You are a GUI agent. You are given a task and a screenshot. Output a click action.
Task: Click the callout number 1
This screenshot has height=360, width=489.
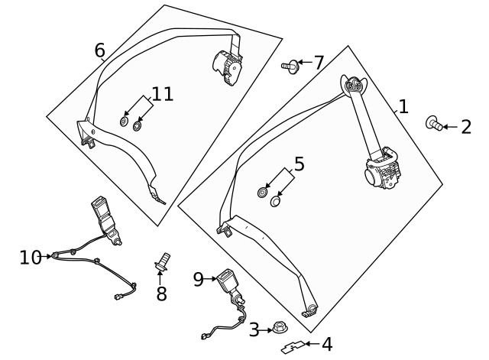pyautogui.click(x=403, y=107)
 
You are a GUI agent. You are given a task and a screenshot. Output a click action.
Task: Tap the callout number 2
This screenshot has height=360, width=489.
pyautogui.click(x=466, y=127)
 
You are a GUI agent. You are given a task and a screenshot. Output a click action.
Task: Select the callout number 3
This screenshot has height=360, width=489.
pyautogui.click(x=254, y=330)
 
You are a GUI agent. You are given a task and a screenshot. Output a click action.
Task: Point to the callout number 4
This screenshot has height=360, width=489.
pyautogui.click(x=327, y=345)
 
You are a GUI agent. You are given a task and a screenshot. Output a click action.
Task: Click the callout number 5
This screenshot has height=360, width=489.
pyautogui.click(x=299, y=164)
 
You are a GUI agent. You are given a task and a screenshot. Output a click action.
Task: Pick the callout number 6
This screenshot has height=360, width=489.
pyautogui.click(x=100, y=50)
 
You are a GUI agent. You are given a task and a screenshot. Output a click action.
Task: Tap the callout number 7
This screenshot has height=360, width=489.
pyautogui.click(x=319, y=62)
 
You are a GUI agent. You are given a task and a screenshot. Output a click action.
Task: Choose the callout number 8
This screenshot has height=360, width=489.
pyautogui.click(x=161, y=294)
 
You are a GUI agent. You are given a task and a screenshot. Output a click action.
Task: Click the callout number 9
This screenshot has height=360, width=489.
pyautogui.click(x=199, y=280)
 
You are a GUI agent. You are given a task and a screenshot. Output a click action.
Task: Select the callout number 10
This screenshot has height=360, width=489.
pyautogui.click(x=31, y=257)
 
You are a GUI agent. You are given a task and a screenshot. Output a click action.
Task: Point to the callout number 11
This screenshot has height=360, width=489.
pyautogui.click(x=163, y=95)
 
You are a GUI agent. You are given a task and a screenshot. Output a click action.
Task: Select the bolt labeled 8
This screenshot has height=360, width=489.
pyautogui.click(x=163, y=261)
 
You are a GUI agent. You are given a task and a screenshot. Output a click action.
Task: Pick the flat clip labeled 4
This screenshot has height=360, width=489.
pyautogui.click(x=291, y=348)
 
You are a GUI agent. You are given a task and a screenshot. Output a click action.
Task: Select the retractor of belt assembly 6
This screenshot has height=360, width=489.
pyautogui.click(x=227, y=66)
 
